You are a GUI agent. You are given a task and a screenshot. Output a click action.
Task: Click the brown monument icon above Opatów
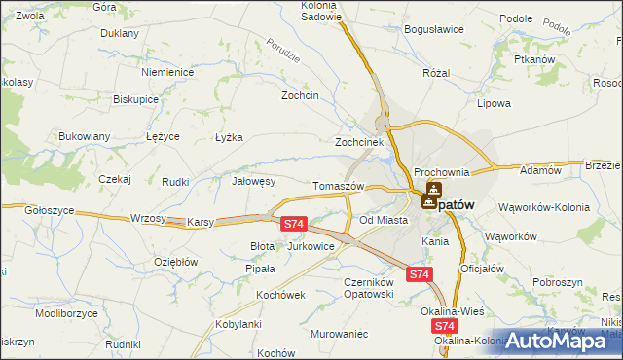432,190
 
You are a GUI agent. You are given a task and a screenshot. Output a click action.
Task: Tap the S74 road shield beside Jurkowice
294,224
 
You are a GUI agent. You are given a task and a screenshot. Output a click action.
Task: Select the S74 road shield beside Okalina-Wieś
444,327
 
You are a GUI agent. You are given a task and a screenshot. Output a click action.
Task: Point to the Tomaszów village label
338,186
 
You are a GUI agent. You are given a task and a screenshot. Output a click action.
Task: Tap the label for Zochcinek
362,141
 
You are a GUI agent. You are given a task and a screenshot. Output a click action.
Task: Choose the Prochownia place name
441,172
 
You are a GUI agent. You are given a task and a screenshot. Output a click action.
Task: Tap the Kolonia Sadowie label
320,12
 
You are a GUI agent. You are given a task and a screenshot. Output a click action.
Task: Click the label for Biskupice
135,100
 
